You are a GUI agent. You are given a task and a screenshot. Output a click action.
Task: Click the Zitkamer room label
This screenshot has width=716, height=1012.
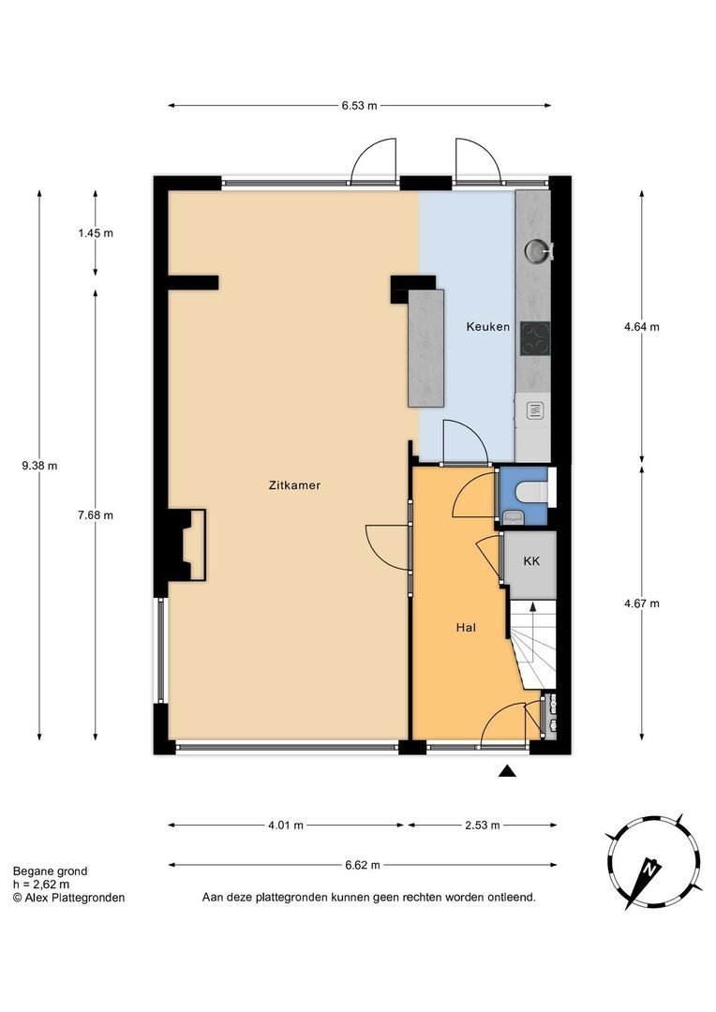click(x=294, y=485)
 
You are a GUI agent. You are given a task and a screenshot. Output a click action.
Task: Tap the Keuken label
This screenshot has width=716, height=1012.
click(x=488, y=327)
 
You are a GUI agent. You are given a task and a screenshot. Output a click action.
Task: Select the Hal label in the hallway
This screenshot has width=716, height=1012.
click(x=466, y=627)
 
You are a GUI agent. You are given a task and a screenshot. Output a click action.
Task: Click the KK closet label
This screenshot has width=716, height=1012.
click(x=531, y=561)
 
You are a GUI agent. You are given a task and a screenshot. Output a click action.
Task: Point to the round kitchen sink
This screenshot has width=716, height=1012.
click(x=537, y=250)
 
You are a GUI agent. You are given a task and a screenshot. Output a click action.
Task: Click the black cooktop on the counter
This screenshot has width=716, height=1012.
click(x=535, y=338)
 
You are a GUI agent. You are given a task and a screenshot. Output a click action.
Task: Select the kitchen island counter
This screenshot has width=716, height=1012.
click(x=426, y=348)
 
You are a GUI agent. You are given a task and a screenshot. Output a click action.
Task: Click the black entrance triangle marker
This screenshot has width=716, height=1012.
click(x=508, y=770)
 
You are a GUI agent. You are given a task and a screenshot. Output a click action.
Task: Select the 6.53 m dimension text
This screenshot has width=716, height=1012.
click(x=360, y=106)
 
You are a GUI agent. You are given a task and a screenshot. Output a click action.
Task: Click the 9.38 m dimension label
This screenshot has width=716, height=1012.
click(x=39, y=466)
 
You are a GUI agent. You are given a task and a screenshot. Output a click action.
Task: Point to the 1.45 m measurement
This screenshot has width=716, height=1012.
click(x=96, y=233)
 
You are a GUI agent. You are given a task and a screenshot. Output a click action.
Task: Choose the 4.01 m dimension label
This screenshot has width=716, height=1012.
click(x=285, y=825)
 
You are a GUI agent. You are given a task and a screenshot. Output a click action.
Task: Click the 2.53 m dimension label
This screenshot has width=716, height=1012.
click(x=483, y=825)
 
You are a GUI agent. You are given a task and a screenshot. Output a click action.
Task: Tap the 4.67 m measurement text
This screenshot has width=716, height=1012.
click(x=642, y=604)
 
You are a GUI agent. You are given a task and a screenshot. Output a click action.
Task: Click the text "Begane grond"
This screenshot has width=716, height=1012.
click(x=50, y=871)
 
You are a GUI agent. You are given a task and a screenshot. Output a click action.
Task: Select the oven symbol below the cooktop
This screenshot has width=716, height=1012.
click(x=533, y=409)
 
